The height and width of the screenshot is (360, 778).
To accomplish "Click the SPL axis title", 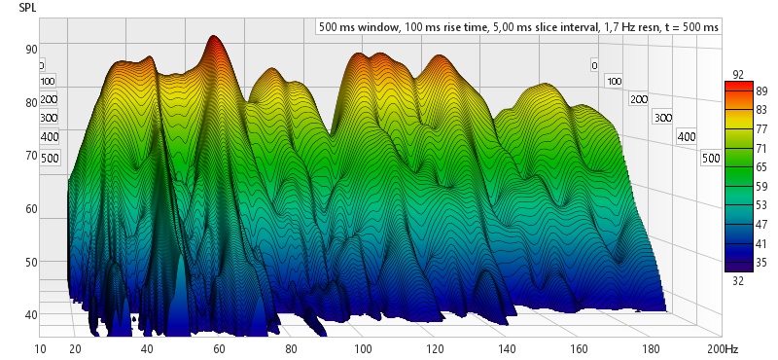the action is tap(28, 7).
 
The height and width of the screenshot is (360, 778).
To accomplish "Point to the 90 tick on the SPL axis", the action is tap(31, 50).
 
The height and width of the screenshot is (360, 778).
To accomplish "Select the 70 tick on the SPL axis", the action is tap(31, 156).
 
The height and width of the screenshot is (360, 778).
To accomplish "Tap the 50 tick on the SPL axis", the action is tap(31, 262).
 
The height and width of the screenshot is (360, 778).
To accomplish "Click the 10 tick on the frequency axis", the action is tap(40, 348).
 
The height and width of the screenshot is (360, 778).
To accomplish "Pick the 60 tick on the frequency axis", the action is tap(219, 348).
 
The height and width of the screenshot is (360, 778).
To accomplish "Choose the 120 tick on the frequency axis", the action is tap(435, 348).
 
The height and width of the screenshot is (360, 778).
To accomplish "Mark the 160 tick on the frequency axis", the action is tap(579, 348).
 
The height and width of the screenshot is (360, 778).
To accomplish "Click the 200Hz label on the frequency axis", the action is tap(724, 348).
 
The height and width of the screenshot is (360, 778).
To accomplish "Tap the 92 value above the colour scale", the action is tap(738, 75).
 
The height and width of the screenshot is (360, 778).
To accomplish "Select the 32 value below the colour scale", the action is tap(738, 281).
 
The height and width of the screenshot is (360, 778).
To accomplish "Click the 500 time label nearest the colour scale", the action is tap(711, 159).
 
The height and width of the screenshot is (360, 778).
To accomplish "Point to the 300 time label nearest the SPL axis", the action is tap(50, 118).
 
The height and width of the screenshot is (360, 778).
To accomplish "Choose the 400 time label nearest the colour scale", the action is tap(687, 137).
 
